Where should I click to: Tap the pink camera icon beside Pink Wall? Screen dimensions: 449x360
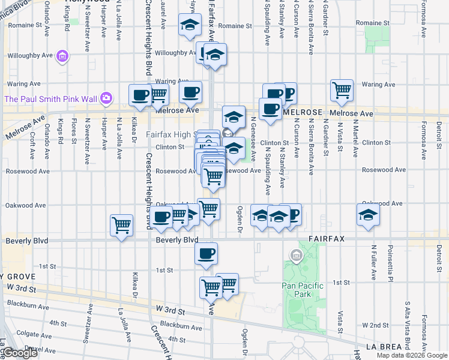(x=106, y=97)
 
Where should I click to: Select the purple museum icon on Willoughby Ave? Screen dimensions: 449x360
(x=61, y=58)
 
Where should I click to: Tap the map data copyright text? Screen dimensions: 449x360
(x=412, y=355)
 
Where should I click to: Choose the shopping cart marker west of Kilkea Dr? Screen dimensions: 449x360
(x=121, y=225)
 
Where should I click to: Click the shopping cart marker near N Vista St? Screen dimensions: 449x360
(x=342, y=90)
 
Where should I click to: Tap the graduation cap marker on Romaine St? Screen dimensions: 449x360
(x=190, y=26)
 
